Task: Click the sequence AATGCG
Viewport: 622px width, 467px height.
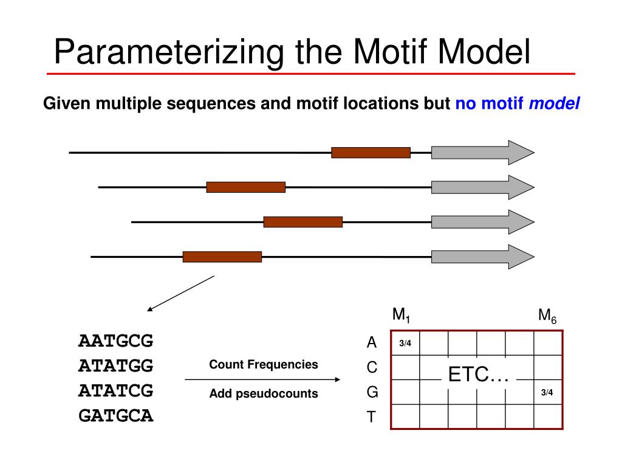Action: click(x=115, y=341)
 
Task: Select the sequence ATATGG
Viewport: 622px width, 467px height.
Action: click(x=115, y=366)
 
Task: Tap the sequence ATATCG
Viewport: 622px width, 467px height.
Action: click(x=115, y=391)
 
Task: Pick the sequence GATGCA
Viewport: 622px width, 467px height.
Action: click(x=115, y=417)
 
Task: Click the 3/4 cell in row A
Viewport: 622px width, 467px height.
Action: click(x=405, y=344)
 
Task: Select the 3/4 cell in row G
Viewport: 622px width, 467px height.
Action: click(x=547, y=392)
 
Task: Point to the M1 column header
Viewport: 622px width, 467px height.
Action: click(x=402, y=316)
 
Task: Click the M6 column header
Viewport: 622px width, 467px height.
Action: click(x=547, y=316)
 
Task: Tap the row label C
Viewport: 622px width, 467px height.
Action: click(x=372, y=368)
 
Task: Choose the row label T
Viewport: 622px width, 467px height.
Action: click(x=372, y=418)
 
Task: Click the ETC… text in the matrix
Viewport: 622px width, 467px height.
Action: click(x=478, y=375)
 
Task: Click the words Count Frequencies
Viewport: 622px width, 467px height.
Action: click(x=264, y=365)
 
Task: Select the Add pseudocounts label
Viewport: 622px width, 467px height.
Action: click(x=264, y=394)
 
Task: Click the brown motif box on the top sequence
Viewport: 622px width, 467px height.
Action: click(x=371, y=153)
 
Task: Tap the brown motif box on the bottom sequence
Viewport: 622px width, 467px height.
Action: click(x=222, y=257)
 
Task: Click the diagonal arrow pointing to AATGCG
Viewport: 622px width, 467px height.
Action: click(x=181, y=293)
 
